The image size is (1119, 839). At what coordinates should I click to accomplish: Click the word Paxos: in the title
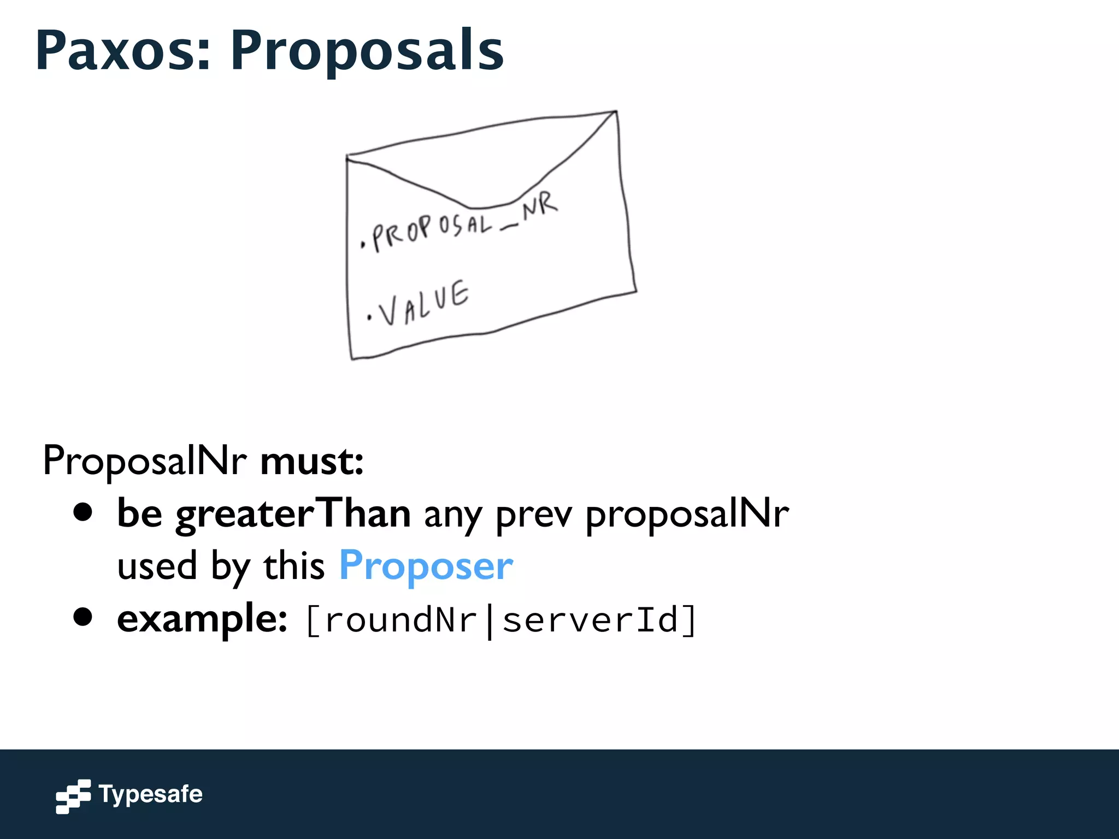tap(123, 50)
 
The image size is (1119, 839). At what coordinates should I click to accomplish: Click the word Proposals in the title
tap(367, 50)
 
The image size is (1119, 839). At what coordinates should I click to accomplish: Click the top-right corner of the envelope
tap(616, 112)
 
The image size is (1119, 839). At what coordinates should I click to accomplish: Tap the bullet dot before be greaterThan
tap(83, 513)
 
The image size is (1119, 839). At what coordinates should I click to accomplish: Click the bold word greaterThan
tap(293, 514)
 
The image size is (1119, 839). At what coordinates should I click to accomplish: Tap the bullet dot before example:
tap(83, 618)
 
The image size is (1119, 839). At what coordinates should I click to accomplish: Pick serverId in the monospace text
tap(590, 620)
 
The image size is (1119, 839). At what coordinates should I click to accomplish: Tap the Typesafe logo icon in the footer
tap(73, 796)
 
